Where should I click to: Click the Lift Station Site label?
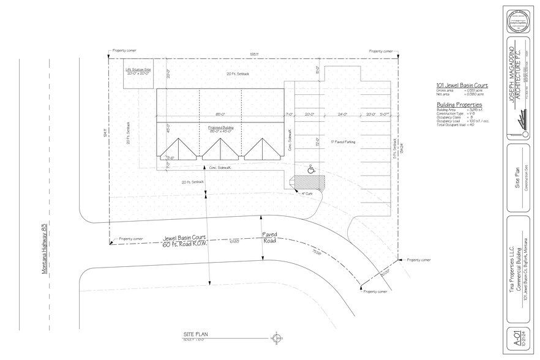click(138, 70)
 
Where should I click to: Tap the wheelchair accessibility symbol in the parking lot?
click(310, 167)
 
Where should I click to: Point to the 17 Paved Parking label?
click(343, 141)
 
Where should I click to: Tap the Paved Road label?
click(269, 238)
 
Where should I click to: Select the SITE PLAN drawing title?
click(196, 335)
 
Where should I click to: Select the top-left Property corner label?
click(124, 50)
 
